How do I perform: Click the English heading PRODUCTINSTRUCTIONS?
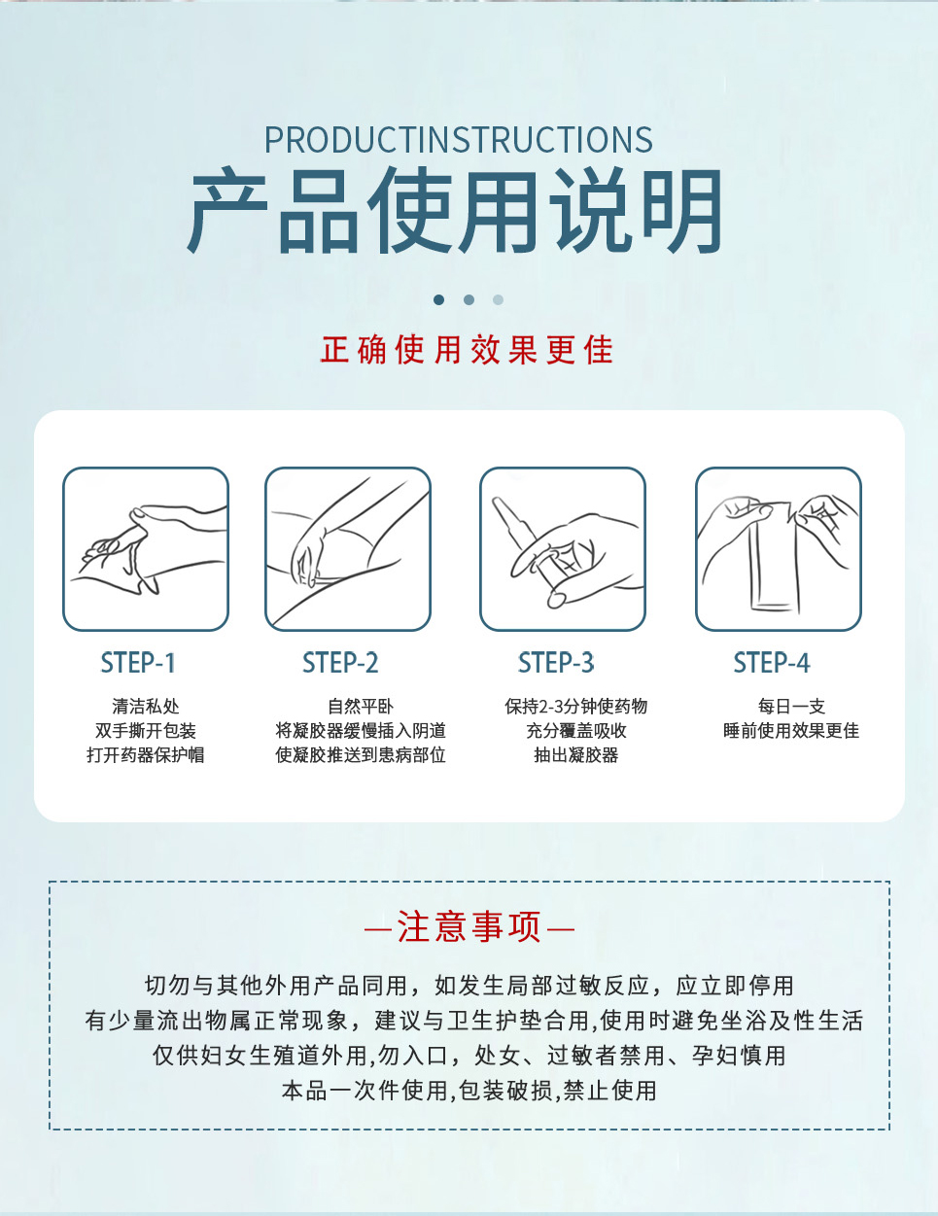pyautogui.click(x=459, y=140)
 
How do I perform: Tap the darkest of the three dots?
pyautogui.click(x=439, y=300)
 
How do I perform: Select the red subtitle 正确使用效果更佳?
pyautogui.click(x=467, y=350)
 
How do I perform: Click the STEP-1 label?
pyautogui.click(x=138, y=663)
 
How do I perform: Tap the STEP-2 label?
pyautogui.click(x=340, y=663)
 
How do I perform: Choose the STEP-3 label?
pyautogui.click(x=556, y=663)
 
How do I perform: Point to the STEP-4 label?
pyautogui.click(x=772, y=663)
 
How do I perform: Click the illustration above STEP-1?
pyautogui.click(x=146, y=549)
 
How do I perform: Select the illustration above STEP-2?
pyautogui.click(x=348, y=549)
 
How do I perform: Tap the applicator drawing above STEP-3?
pyautogui.click(x=563, y=549)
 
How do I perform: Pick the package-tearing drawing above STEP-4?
pyautogui.click(x=779, y=549)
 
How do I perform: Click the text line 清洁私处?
pyautogui.click(x=146, y=707)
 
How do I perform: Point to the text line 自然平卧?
pyautogui.click(x=361, y=707)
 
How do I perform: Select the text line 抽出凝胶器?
pyautogui.click(x=576, y=755)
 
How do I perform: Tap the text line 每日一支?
pyautogui.click(x=791, y=707)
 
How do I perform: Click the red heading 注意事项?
pyautogui.click(x=469, y=926)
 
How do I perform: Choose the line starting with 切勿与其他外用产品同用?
pyautogui.click(x=469, y=986)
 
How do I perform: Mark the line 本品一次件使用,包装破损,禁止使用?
pyautogui.click(x=469, y=1091)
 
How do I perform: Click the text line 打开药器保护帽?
pyautogui.click(x=146, y=755)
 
